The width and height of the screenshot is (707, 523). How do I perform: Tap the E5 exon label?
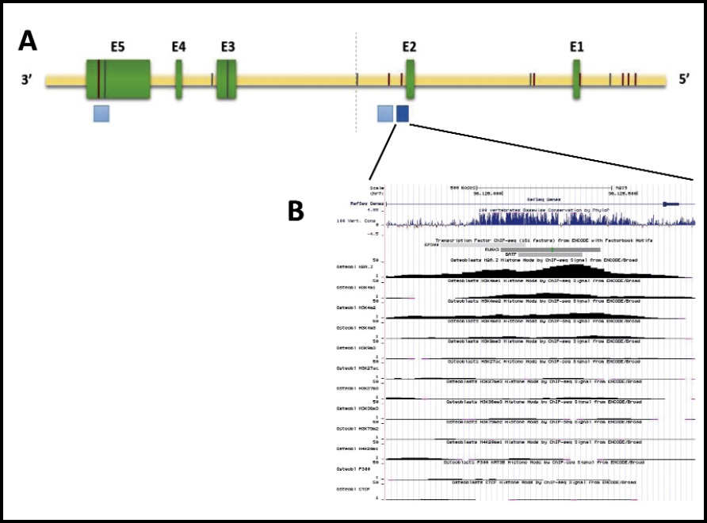[117, 47]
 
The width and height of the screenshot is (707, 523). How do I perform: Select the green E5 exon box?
[118, 79]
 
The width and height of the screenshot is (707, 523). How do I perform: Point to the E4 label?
[178, 47]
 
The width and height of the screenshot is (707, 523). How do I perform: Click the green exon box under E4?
[179, 80]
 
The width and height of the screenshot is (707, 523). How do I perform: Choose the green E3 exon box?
[227, 80]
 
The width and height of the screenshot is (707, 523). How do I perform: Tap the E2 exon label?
[409, 47]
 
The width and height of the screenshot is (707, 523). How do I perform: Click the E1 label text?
[576, 47]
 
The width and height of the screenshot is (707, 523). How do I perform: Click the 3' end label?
[31, 80]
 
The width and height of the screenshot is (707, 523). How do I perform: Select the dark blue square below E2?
[403, 114]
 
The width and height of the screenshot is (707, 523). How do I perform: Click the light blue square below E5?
[101, 113]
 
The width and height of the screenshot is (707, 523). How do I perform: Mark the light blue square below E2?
[384, 114]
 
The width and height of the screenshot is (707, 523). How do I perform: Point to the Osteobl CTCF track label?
[353, 490]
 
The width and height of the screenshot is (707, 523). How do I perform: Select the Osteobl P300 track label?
[353, 469]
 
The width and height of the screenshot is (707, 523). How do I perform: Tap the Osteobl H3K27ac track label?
[353, 368]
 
